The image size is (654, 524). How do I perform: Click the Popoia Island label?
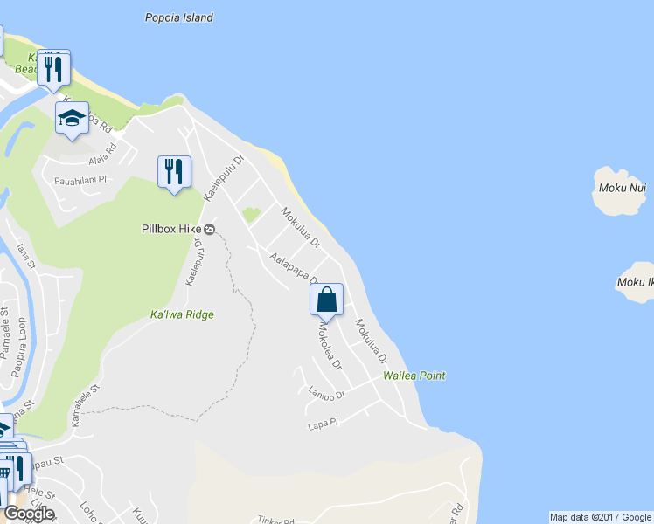(x=178, y=17)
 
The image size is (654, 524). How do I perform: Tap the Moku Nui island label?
(x=623, y=187)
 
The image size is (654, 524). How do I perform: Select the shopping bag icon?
(x=326, y=300)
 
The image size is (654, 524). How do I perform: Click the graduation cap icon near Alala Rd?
(x=72, y=119)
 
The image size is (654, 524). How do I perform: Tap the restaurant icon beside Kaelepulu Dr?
(x=174, y=170)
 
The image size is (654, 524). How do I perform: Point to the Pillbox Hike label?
(x=172, y=230)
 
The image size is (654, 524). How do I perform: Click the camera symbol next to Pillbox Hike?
(x=210, y=231)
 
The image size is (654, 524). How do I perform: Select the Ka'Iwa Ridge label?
(x=182, y=314)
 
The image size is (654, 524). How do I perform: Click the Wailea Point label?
(x=414, y=376)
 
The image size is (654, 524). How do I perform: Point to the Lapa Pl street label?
(x=322, y=425)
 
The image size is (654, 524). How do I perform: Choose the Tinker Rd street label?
(x=276, y=520)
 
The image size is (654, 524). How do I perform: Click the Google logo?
(x=29, y=514)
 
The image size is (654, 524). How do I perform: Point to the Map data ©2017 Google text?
(x=600, y=517)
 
